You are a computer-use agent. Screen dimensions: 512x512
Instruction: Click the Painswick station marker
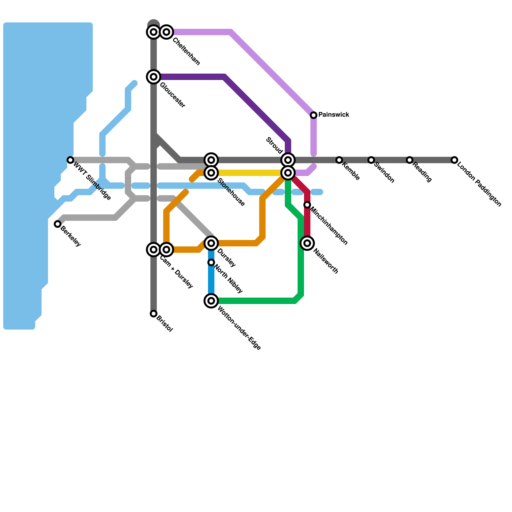[314, 115]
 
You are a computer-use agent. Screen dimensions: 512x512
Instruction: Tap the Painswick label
[334, 115]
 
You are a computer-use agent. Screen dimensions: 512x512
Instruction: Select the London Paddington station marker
[454, 160]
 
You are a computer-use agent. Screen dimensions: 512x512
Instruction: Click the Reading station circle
[410, 160]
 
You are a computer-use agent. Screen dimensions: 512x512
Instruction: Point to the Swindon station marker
[371, 160]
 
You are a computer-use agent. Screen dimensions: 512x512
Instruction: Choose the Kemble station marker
[339, 160]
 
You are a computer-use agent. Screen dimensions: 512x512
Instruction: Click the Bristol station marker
[154, 314]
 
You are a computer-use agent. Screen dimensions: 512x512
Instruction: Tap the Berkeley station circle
[58, 224]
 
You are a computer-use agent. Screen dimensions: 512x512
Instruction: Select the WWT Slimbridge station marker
[70, 160]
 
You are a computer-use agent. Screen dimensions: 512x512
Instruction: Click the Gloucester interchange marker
[154, 77]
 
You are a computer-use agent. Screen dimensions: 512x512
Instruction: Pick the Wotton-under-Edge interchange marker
[211, 301]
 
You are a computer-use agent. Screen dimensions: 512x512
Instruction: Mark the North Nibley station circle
[211, 262]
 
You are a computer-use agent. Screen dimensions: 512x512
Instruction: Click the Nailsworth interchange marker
[307, 243]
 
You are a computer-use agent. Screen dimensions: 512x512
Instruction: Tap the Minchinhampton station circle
[307, 205]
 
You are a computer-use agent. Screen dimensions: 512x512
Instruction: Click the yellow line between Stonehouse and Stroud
[250, 173]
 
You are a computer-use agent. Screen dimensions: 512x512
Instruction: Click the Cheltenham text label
[186, 52]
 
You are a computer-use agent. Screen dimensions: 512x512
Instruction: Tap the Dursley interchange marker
[211, 243]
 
